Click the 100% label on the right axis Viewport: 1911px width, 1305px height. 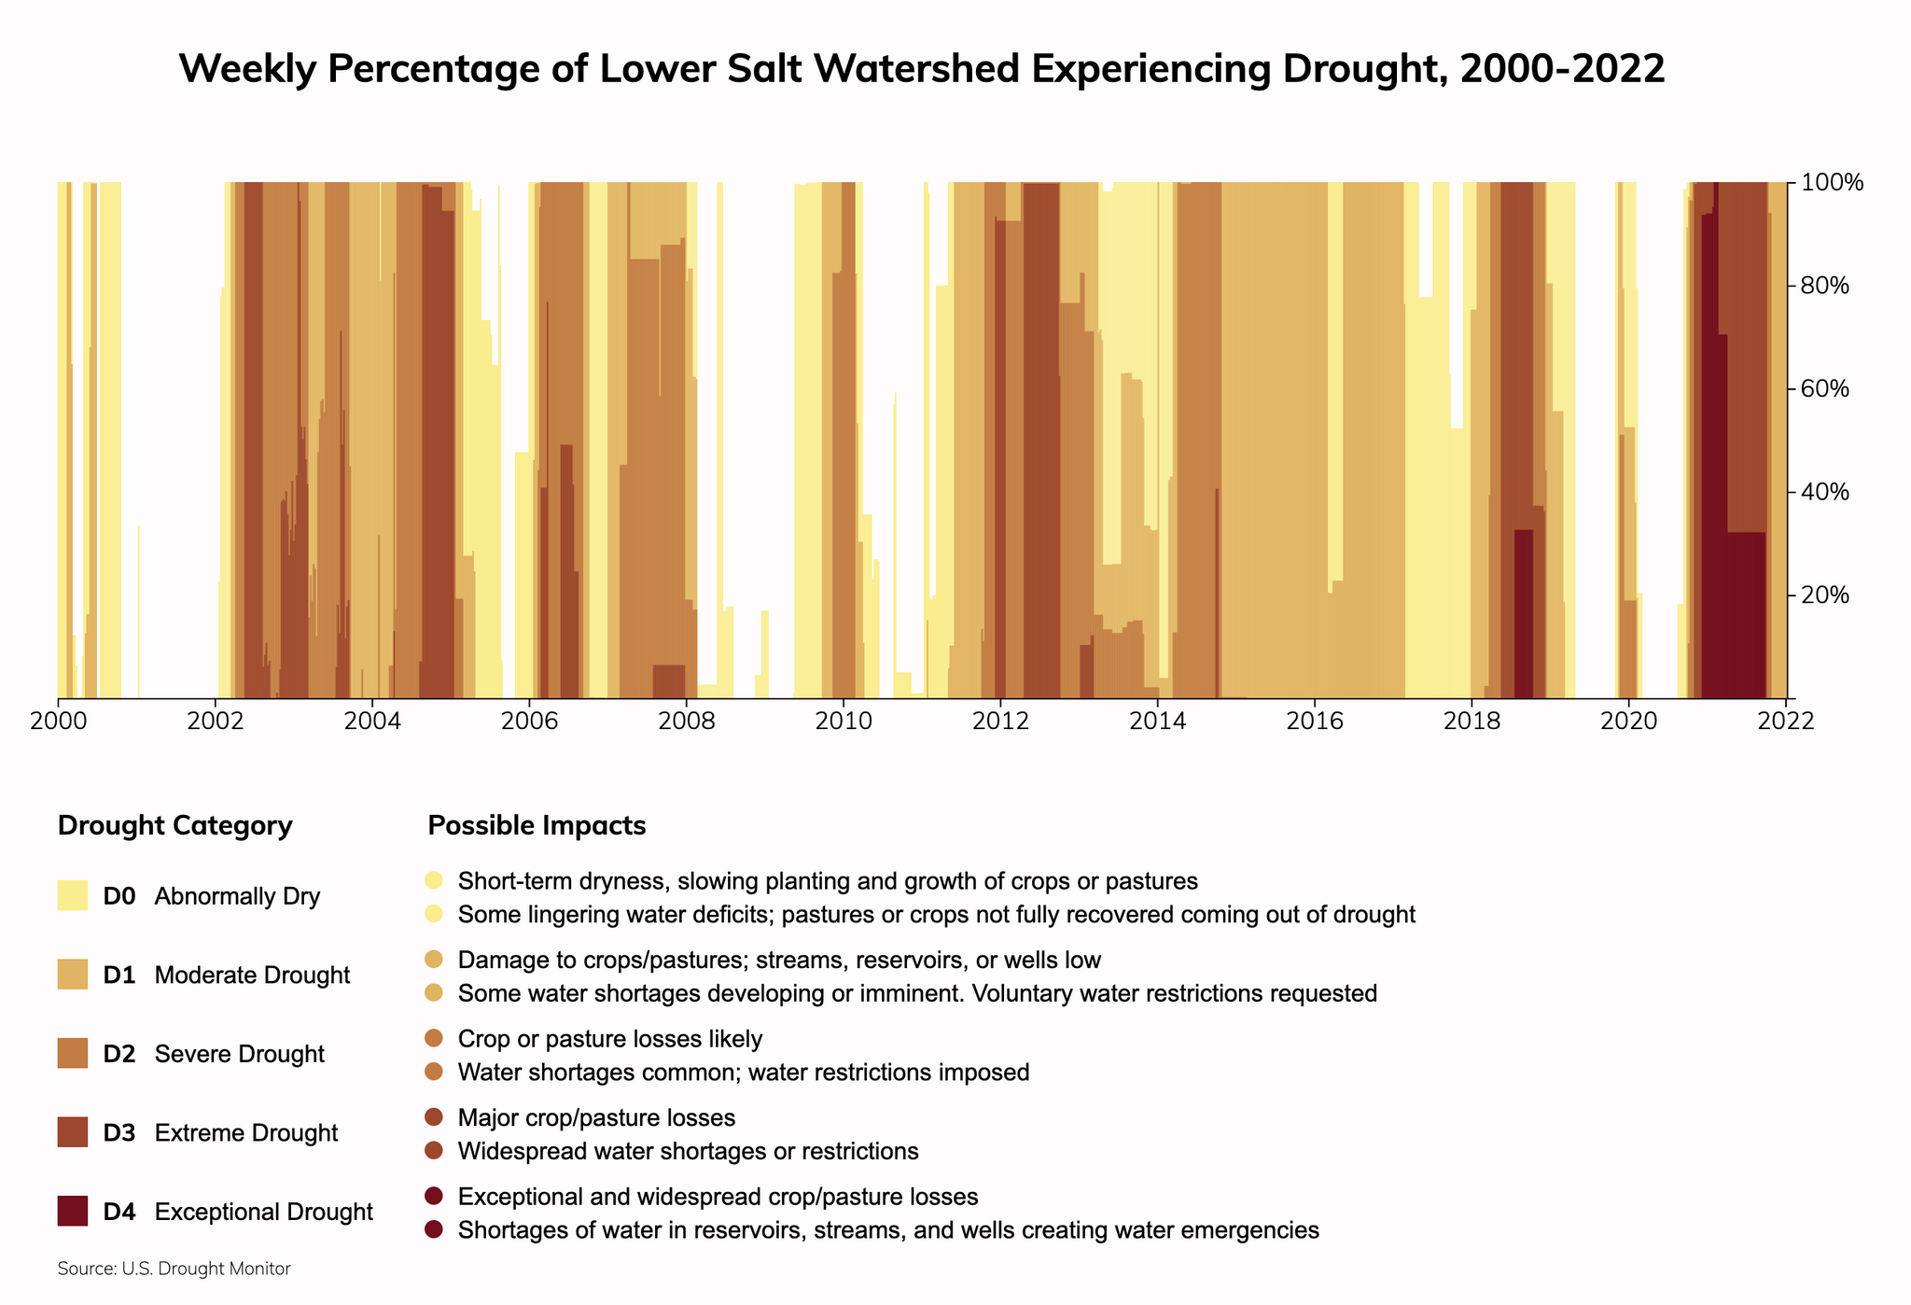tap(1832, 183)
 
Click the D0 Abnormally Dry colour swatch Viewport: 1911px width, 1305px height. tap(73, 896)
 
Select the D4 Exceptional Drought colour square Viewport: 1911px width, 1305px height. tap(73, 1212)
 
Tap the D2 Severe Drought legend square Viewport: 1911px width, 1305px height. tap(73, 1054)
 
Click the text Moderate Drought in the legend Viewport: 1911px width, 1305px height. tap(252, 975)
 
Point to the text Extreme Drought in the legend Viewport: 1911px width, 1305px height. tap(245, 1133)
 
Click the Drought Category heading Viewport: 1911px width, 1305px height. tap(174, 826)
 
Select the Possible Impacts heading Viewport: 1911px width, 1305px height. tap(537, 826)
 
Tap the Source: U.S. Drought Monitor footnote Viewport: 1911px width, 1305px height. tap(174, 1270)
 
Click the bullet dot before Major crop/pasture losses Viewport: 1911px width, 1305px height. tap(434, 1118)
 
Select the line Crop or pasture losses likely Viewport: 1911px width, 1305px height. tap(610, 1039)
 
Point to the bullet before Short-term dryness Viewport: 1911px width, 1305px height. tap(434, 881)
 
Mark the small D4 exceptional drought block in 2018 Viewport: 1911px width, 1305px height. tap(1523, 616)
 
